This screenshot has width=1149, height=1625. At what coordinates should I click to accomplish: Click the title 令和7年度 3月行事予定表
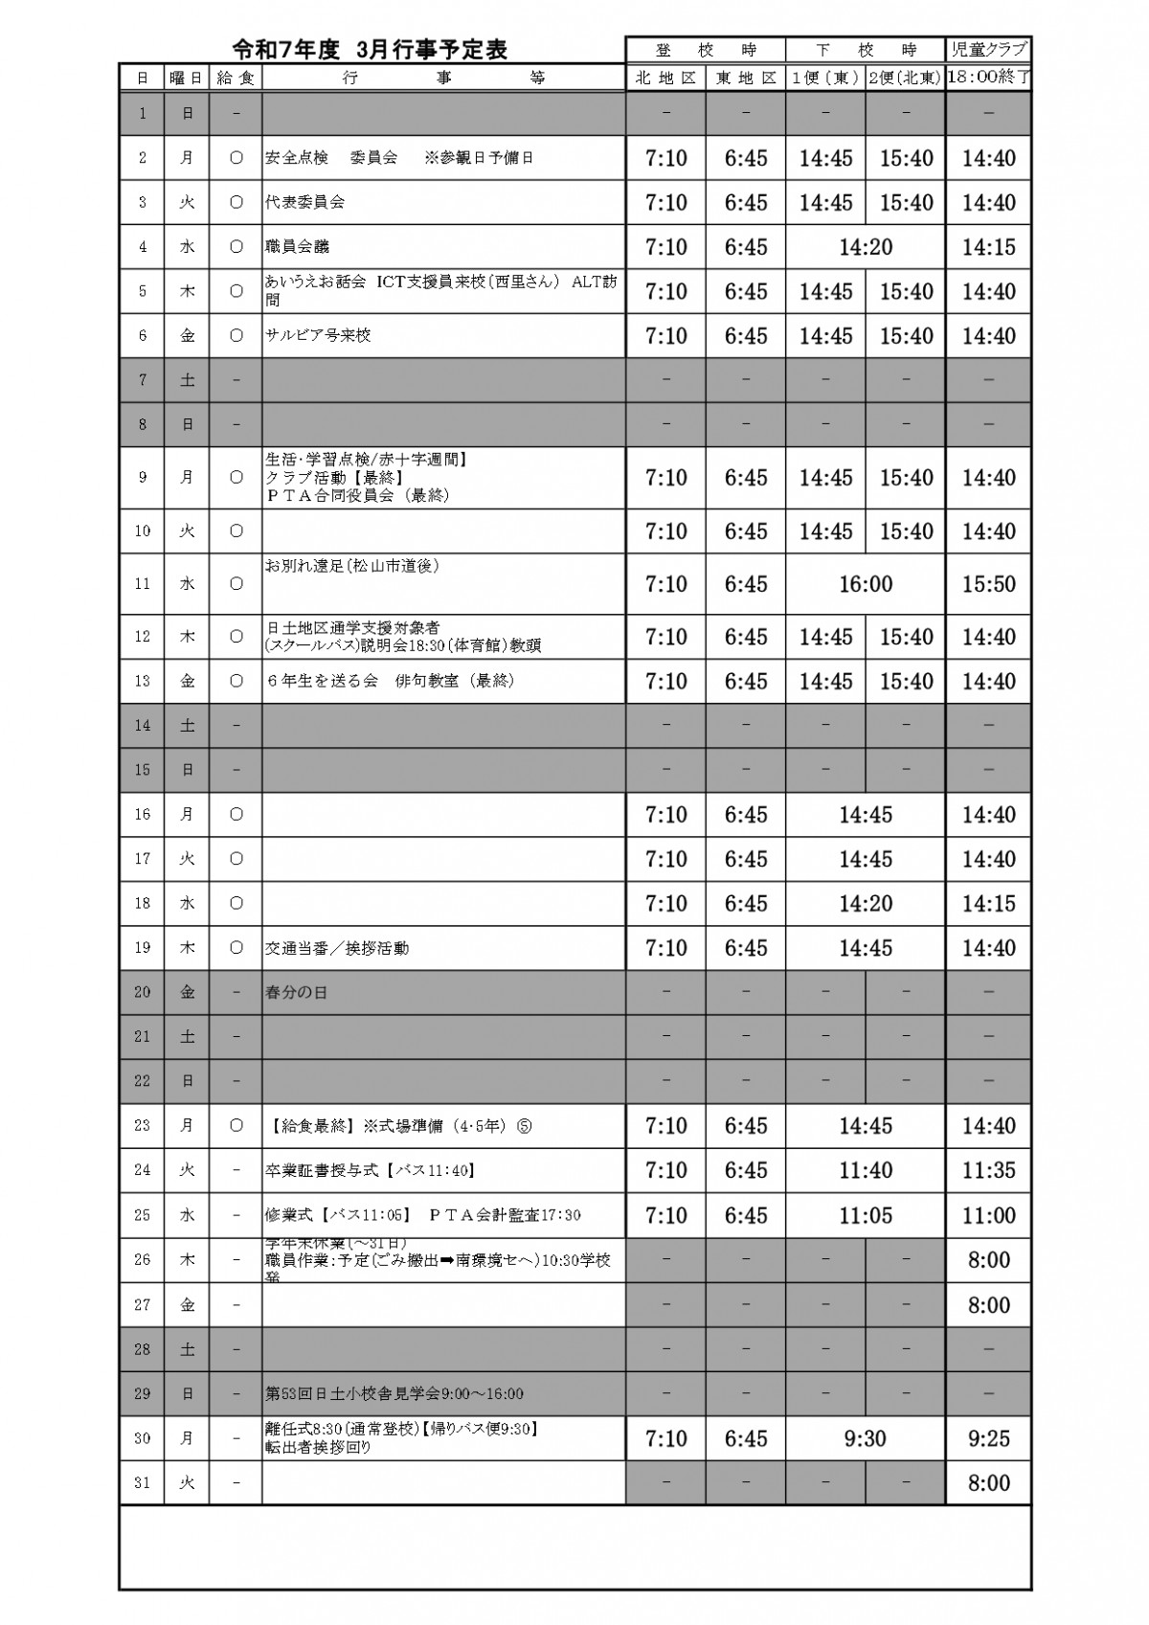coord(370,50)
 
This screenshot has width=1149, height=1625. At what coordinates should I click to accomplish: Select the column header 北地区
coord(665,79)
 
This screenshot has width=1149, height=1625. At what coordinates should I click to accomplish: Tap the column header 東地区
coord(746,79)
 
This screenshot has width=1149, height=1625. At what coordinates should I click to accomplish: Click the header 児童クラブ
coord(988,50)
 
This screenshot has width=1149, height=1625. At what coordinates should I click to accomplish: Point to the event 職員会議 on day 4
coord(297,247)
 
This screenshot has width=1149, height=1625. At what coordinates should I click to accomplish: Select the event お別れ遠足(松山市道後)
coord(351,566)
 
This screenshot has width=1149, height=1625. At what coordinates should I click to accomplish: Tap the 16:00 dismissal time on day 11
coord(866,584)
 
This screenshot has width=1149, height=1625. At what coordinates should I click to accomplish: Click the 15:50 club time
coord(988,584)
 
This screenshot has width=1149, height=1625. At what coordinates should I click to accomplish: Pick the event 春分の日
coord(296,993)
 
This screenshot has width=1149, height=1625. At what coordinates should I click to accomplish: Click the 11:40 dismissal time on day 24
coord(866,1170)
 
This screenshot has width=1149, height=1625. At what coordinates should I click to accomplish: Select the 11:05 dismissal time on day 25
coord(866,1215)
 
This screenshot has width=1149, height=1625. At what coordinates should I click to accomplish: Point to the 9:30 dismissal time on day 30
coord(866,1438)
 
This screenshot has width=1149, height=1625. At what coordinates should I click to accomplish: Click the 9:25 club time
coord(988,1438)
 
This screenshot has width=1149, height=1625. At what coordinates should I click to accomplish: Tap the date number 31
coord(143,1483)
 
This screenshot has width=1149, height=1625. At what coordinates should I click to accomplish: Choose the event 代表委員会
coord(304,203)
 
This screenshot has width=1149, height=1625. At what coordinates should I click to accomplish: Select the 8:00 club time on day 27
coord(988,1305)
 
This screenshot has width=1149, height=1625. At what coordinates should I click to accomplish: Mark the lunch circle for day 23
coord(237,1126)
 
